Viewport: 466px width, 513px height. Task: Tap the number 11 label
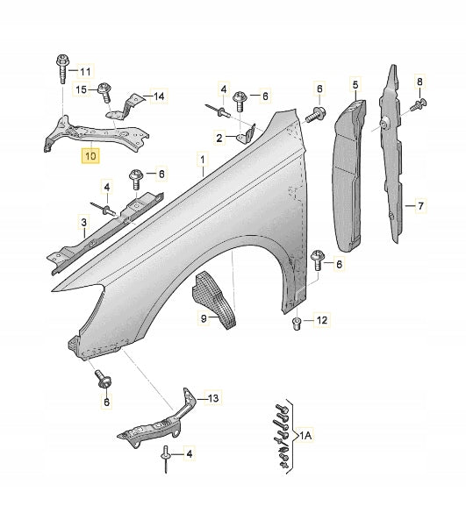pyautogui.click(x=85, y=70)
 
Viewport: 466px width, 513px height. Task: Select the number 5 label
pyautogui.click(x=356, y=84)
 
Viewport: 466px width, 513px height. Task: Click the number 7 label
pyautogui.click(x=420, y=206)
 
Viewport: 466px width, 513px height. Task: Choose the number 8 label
pyautogui.click(x=420, y=82)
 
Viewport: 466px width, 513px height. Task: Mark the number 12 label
pyautogui.click(x=321, y=321)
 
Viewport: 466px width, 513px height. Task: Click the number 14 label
pyautogui.click(x=158, y=96)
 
